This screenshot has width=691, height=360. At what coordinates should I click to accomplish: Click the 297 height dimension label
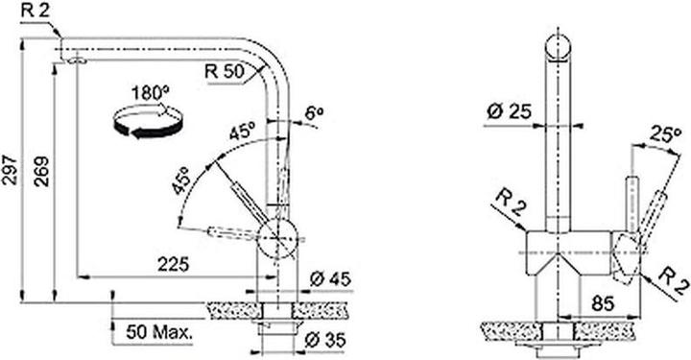coord(12,170)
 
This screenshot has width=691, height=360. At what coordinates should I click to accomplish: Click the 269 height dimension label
coord(43,172)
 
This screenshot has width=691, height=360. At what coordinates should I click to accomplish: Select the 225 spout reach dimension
coord(174,264)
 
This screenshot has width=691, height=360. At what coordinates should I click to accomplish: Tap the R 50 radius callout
coord(225,71)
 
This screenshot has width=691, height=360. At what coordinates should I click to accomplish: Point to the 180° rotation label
coord(151,93)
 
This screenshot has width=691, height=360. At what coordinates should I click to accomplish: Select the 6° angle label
coord(314,114)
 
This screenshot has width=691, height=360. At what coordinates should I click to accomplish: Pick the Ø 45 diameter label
coord(330,279)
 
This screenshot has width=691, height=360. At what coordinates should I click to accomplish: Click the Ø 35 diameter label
coord(325,340)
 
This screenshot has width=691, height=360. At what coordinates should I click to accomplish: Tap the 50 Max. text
coord(159,332)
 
